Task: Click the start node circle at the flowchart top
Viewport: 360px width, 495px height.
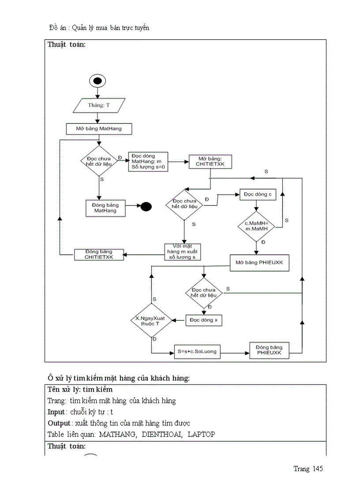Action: (x=97, y=81)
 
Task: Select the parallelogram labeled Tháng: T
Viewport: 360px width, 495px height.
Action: (x=98, y=105)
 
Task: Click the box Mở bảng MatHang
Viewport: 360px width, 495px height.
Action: (x=99, y=129)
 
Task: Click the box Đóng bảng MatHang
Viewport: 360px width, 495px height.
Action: (x=105, y=208)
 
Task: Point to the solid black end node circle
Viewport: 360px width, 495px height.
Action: (x=146, y=207)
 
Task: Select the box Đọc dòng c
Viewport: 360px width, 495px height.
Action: (x=258, y=194)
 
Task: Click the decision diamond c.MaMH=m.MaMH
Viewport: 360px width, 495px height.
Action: (x=256, y=225)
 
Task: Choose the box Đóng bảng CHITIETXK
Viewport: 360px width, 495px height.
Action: (x=99, y=254)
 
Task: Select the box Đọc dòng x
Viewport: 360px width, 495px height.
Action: (x=203, y=320)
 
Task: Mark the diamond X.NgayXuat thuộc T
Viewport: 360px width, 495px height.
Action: (x=151, y=320)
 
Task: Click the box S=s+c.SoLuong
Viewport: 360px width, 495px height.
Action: (x=197, y=352)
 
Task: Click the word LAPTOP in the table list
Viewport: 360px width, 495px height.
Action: (x=201, y=434)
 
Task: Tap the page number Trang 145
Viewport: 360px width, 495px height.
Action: (x=308, y=469)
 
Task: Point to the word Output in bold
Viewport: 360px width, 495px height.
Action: (x=58, y=423)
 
